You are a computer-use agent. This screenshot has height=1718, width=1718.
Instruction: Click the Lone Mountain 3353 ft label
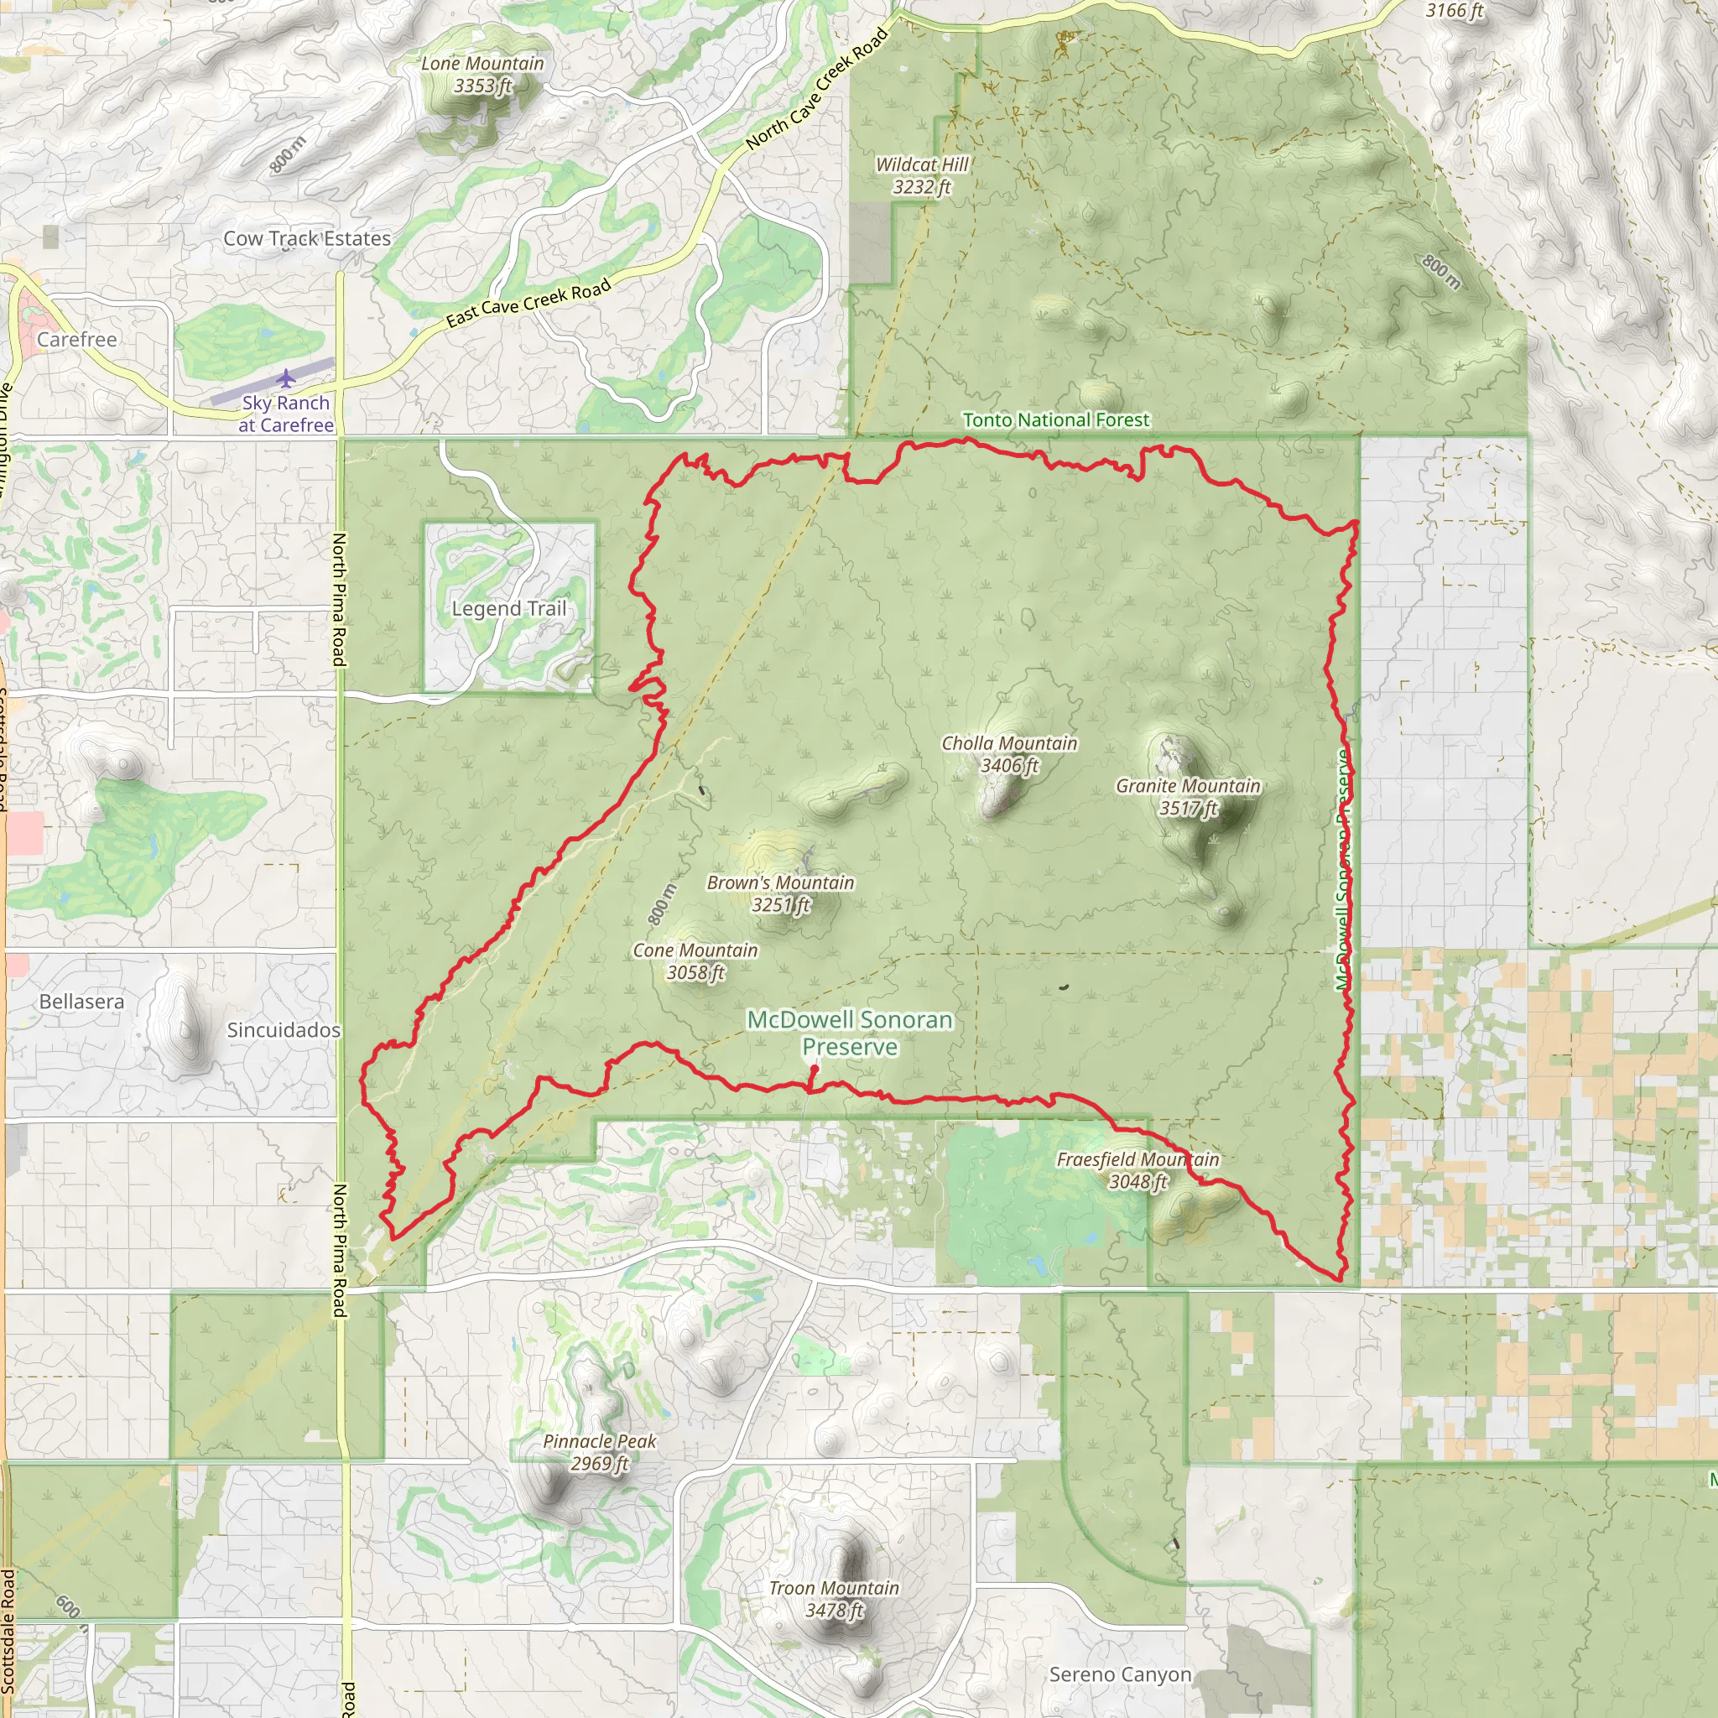click(482, 75)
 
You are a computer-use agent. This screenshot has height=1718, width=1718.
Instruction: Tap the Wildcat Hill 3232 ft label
click(921, 175)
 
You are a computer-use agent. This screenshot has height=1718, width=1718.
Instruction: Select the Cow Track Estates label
click(307, 238)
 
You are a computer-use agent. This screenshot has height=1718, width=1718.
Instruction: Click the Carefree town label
click(76, 340)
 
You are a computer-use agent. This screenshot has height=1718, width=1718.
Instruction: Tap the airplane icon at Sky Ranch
click(285, 380)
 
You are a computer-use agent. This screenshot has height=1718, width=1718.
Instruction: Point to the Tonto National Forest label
click(1055, 419)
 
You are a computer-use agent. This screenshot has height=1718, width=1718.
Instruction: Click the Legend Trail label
click(508, 608)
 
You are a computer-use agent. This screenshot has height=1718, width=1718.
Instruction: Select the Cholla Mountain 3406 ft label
click(1009, 754)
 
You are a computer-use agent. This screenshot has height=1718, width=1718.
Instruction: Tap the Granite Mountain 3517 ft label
click(1188, 797)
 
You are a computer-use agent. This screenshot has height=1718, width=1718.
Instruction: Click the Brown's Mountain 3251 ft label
click(780, 893)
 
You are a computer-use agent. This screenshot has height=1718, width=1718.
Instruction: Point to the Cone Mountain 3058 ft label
click(695, 961)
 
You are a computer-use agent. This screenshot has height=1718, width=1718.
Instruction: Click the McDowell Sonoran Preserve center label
click(849, 1033)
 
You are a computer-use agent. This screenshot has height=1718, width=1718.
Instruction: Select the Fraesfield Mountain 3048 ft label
click(1138, 1170)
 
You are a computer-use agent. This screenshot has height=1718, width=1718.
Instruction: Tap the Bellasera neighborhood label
click(82, 1002)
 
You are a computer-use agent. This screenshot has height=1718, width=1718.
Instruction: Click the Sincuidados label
click(284, 1030)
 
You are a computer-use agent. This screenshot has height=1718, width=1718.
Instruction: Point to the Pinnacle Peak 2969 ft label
click(599, 1452)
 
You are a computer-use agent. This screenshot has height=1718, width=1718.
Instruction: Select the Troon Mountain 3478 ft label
click(834, 1599)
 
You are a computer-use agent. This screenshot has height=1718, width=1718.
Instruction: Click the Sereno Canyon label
click(1120, 1674)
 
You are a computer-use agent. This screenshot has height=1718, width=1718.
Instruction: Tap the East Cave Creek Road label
click(528, 302)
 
